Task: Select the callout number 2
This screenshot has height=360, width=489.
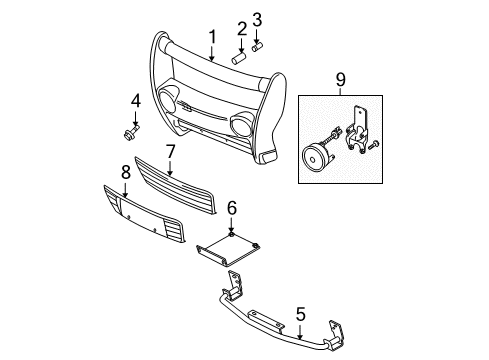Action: pyautogui.click(x=243, y=27)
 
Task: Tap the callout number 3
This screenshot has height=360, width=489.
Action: pyautogui.click(x=257, y=19)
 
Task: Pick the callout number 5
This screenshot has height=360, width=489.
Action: pyautogui.click(x=300, y=314)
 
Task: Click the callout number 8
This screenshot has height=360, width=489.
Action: pyautogui.click(x=125, y=172)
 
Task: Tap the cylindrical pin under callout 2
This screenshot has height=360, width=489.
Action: pyautogui.click(x=240, y=58)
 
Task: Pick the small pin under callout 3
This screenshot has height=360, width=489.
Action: pyautogui.click(x=256, y=46)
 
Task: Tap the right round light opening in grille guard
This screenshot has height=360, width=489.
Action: pyautogui.click(x=240, y=126)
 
